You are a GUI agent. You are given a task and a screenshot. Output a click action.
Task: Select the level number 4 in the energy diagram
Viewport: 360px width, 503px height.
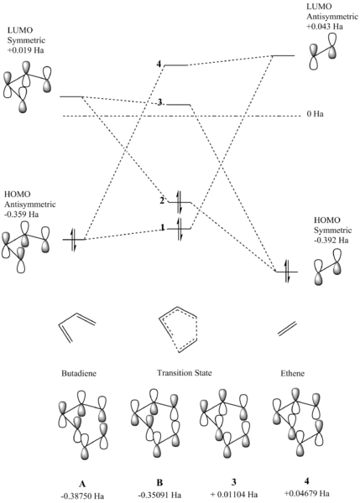pyautogui.click(x=170, y=65)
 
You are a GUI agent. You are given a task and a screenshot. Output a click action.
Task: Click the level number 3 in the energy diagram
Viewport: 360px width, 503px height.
pyautogui.click(x=159, y=102)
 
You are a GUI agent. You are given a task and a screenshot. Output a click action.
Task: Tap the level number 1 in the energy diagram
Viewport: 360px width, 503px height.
pyautogui.click(x=168, y=228)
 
